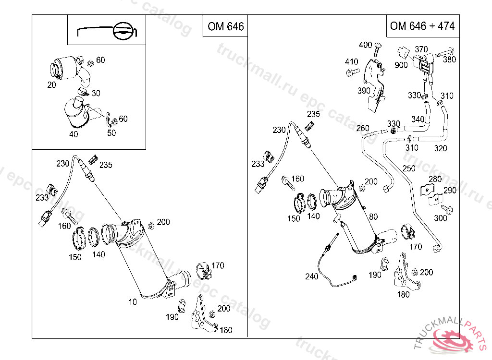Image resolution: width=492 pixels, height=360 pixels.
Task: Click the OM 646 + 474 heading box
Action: [x=423, y=26]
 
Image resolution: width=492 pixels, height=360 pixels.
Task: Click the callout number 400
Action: [x=365, y=45]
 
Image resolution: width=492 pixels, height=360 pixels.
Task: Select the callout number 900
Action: [x=401, y=65]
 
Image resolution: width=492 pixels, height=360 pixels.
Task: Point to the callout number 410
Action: [x=351, y=61]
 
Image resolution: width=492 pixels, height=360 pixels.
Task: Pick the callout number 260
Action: [x=363, y=128]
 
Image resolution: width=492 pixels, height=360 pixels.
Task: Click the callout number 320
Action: [x=441, y=148]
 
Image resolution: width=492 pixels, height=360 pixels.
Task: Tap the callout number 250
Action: [x=409, y=168]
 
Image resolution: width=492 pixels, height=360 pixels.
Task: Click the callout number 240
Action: [x=311, y=276]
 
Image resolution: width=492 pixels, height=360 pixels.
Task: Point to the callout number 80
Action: [x=373, y=216]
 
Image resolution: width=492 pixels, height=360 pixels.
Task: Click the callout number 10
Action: [x=133, y=301]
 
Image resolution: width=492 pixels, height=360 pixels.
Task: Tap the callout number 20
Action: [x=51, y=84]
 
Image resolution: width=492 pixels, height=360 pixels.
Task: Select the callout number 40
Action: [x=74, y=134]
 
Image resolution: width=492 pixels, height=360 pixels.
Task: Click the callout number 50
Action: [x=111, y=132]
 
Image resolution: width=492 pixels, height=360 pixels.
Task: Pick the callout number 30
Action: [x=96, y=93]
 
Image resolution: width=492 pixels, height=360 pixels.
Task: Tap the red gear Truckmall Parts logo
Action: [x=452, y=340]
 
